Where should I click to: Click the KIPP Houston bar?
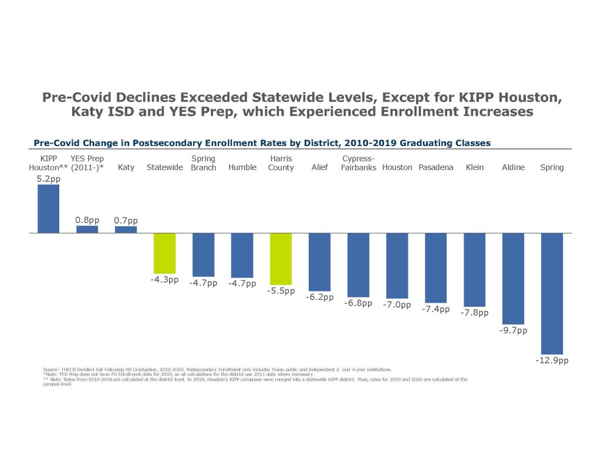[x=48, y=209]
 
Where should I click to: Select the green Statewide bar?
[x=164, y=253]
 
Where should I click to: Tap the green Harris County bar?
[x=281, y=259]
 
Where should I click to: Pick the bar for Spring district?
[x=552, y=293]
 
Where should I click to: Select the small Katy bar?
[x=126, y=229]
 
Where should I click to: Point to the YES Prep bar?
[x=87, y=229]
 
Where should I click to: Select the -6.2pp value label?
[x=319, y=297]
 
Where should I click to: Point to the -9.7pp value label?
[x=513, y=330]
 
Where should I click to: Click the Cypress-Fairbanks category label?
[x=358, y=163]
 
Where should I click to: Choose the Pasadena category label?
[x=435, y=167]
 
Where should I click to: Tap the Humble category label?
[x=242, y=167]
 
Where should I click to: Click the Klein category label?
[x=474, y=167]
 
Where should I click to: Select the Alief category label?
[x=319, y=167]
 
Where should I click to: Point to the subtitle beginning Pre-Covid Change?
[x=262, y=143]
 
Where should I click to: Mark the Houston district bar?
[x=397, y=266]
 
